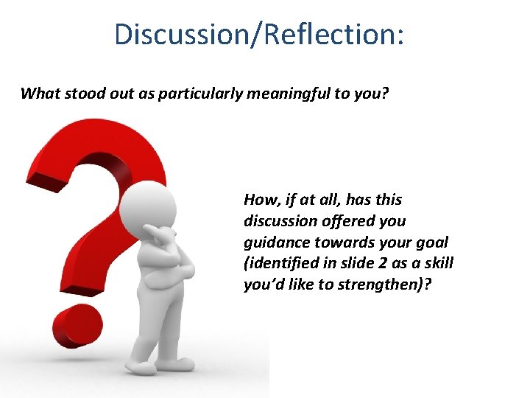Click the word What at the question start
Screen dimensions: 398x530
pyautogui.click(x=40, y=94)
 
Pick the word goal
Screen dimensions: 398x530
pyautogui.click(x=431, y=242)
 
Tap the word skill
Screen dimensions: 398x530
pyautogui.click(x=438, y=264)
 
